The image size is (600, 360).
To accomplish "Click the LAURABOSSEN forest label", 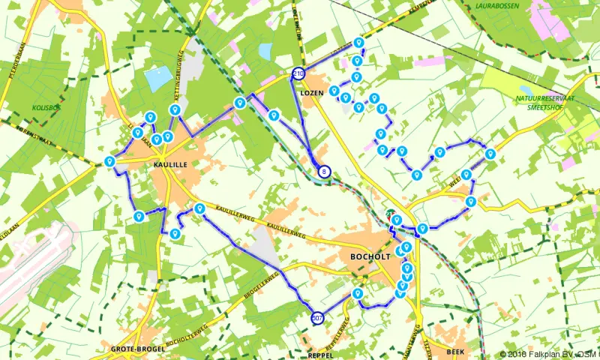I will [502, 6].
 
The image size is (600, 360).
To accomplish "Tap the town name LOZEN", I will [311, 94].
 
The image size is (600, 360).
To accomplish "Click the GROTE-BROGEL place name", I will [132, 349].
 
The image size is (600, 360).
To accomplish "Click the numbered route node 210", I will [298, 73].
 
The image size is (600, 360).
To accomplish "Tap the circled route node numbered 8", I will [324, 172].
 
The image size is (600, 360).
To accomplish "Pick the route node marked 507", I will [318, 318].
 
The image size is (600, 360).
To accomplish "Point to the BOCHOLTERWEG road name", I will [184, 335].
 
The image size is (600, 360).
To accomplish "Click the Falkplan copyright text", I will [549, 354].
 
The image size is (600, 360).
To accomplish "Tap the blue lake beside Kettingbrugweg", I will [158, 79].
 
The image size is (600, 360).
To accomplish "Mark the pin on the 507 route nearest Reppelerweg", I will [358, 294].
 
